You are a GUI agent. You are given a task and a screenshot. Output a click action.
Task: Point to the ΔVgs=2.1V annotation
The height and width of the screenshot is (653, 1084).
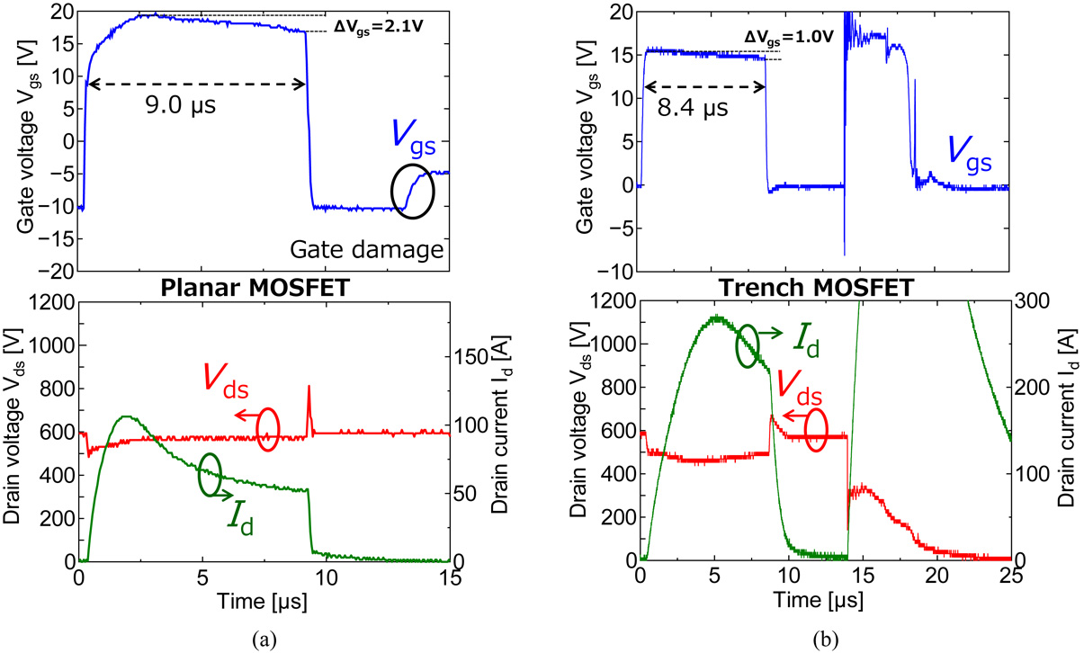(x=378, y=24)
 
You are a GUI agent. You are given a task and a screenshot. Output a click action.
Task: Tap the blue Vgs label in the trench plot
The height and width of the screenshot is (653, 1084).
(x=970, y=155)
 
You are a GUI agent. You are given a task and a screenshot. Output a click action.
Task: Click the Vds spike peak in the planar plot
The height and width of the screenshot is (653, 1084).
(x=309, y=388)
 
